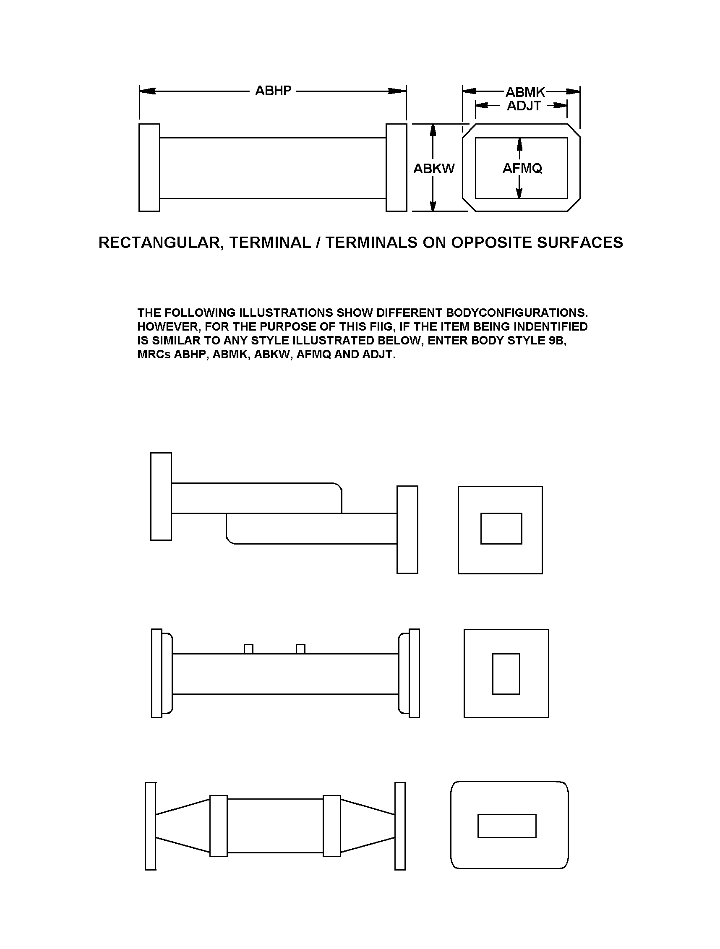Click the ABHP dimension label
tap(273, 91)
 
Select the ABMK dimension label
tap(525, 92)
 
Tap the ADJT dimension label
tap(524, 106)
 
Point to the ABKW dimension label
tap(434, 169)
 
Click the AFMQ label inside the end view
tap(522, 168)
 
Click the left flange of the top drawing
tap(149, 168)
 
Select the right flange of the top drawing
tap(396, 168)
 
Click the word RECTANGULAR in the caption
tap(161, 243)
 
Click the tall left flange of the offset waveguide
tap(161, 496)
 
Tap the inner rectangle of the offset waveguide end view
tap(501, 529)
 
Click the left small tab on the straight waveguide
tap(248, 649)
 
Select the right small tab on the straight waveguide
tap(301, 649)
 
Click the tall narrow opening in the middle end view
tap(506, 673)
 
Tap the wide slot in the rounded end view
tap(507, 826)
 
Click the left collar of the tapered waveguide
tap(219, 826)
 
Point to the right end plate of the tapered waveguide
tap(400, 826)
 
